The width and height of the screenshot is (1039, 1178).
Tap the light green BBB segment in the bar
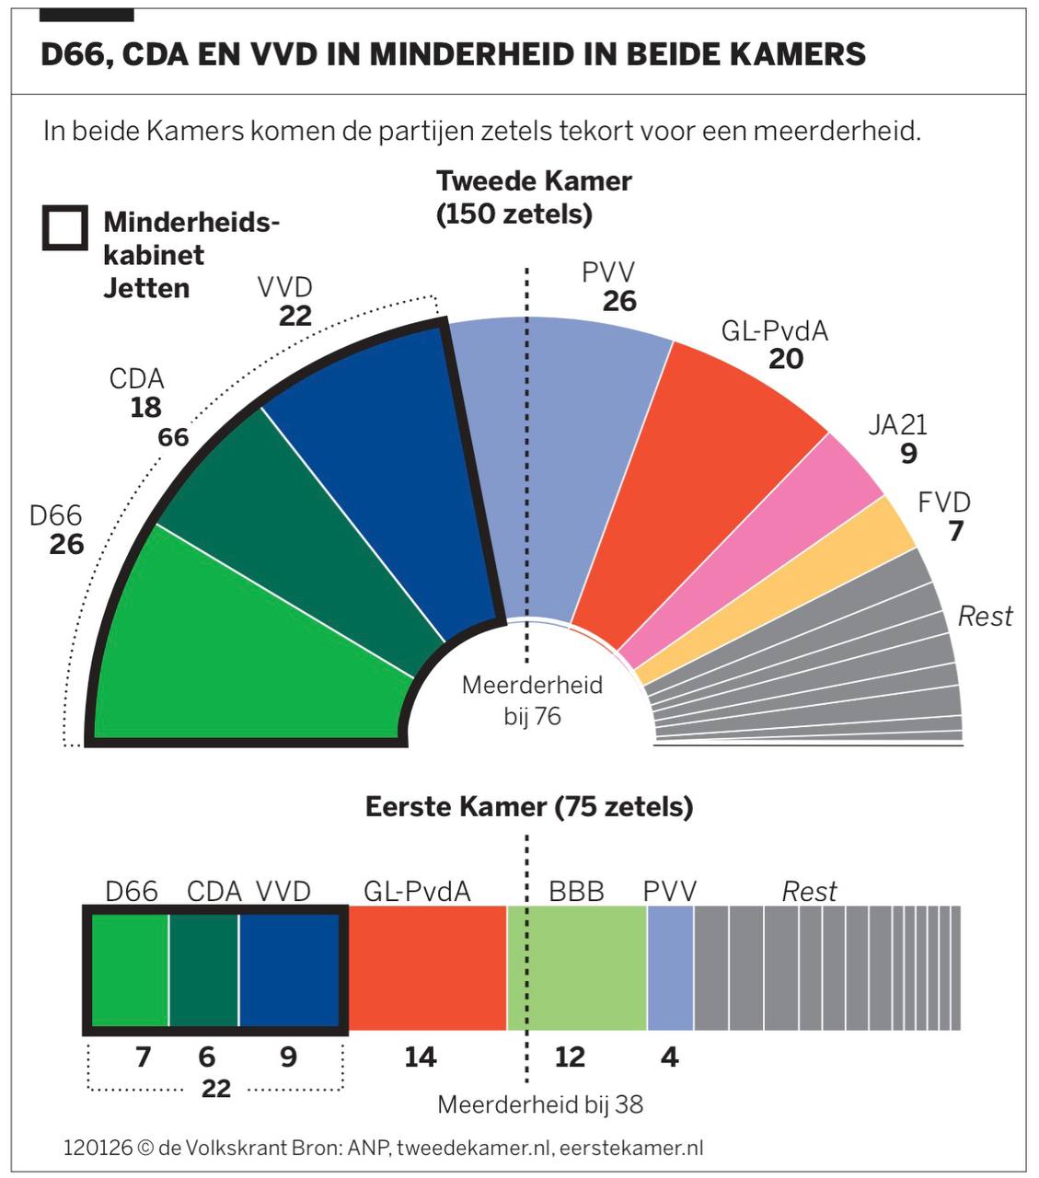point(577,968)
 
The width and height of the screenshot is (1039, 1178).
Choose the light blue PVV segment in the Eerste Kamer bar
point(670,968)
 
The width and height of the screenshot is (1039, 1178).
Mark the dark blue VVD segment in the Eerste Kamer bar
point(289,968)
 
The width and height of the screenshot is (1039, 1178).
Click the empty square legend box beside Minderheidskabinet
point(65,228)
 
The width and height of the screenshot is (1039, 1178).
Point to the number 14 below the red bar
point(420,1057)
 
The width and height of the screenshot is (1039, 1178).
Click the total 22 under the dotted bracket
point(215,1089)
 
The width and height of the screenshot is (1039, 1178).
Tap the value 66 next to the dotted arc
point(173,437)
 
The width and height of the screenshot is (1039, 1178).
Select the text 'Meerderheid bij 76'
point(532,700)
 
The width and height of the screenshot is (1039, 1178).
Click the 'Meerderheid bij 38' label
point(540,1104)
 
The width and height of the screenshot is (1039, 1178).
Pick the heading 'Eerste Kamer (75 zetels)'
point(529,807)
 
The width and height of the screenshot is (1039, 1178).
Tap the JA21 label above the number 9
point(897,424)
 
